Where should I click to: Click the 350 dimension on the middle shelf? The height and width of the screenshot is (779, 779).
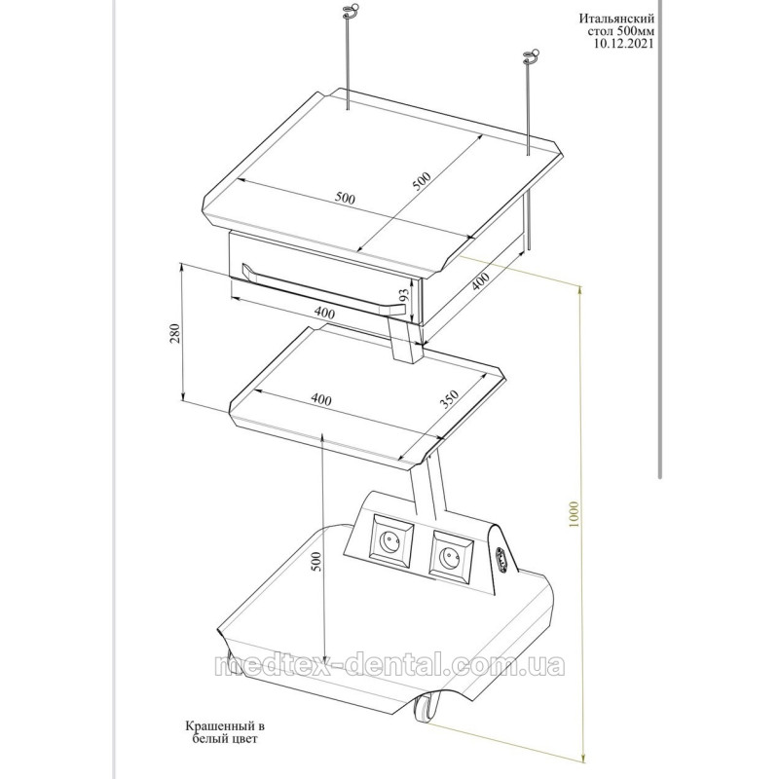[x=449, y=399]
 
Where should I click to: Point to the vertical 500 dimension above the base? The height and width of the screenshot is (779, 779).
[x=317, y=561]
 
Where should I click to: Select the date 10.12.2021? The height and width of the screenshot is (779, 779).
[x=624, y=43]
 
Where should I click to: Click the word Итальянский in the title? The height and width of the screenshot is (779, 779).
[x=616, y=19]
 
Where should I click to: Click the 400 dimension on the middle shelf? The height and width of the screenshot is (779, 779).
[x=321, y=399]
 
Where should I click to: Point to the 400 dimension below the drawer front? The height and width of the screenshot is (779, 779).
[x=324, y=313]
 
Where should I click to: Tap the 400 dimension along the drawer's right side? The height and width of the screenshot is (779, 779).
[x=480, y=281]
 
